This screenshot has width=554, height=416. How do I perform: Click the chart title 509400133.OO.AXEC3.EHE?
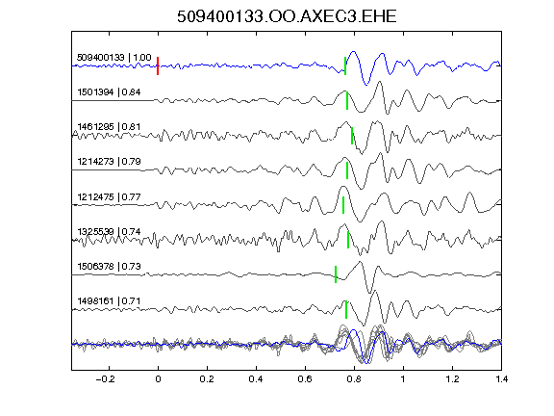coord(287,16)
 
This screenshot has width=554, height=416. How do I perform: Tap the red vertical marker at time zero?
coord(158,65)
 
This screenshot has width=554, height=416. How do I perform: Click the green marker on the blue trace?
coord(345,65)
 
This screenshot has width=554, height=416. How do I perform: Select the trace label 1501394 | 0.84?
coord(109,92)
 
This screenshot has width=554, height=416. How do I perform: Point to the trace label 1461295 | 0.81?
coord(109,127)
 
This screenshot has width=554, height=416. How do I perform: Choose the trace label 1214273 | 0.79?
coord(109,162)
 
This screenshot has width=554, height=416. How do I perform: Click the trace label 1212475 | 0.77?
coord(109,196)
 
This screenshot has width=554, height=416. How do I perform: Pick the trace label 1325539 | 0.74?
coord(109,232)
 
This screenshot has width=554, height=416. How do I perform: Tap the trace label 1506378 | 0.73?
coord(109,267)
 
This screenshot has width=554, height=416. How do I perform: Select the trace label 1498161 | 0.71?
coord(109,301)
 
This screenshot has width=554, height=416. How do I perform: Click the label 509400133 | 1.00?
coord(113,58)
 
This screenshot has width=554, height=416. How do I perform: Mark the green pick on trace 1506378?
coord(336,274)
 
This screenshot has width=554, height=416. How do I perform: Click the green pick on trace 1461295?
coord(352,136)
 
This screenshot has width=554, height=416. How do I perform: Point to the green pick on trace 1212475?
coord(343,205)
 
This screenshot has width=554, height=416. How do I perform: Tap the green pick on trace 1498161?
coord(346,309)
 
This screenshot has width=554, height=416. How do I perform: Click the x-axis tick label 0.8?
coord(354,379)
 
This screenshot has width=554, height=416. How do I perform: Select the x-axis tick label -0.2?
coord(106,379)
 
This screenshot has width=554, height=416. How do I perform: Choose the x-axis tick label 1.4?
coord(502,379)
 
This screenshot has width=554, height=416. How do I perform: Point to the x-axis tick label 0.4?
coord(256,379)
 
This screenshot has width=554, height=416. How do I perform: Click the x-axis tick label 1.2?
coord(452,379)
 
